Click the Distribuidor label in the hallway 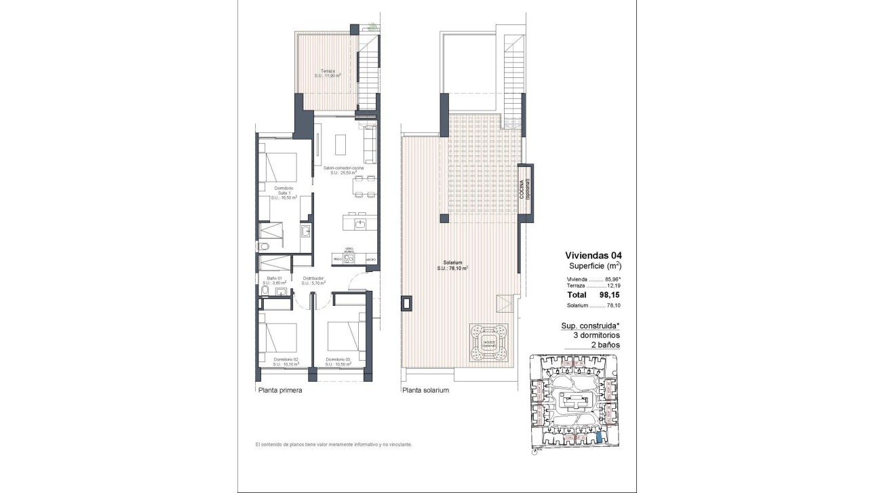(313, 280)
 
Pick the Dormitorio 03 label (337, 361)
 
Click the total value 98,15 (608, 295)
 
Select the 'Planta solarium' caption (425, 391)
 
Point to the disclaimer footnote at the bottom (334, 444)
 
